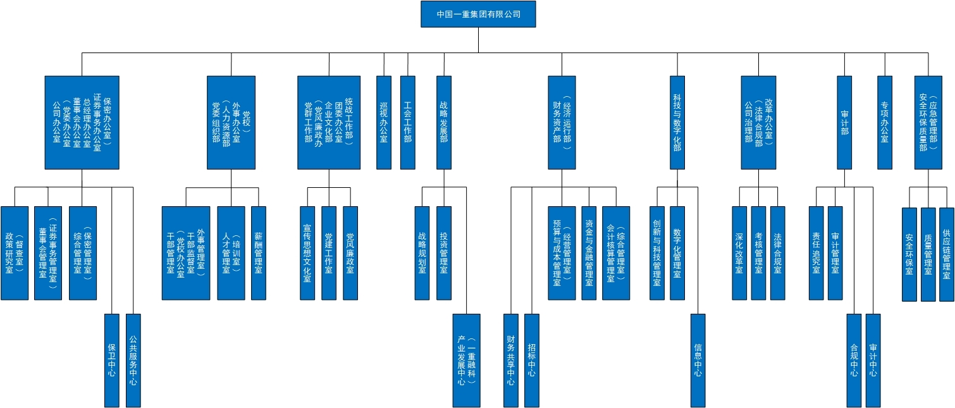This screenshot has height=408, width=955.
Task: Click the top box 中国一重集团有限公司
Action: tap(478, 14)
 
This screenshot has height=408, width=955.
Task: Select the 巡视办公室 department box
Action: tap(383, 122)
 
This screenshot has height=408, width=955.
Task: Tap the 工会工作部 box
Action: tap(407, 122)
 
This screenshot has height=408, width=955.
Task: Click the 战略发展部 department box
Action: tap(444, 122)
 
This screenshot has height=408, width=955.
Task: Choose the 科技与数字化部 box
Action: tap(677, 122)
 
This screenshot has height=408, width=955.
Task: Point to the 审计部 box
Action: tap(844, 122)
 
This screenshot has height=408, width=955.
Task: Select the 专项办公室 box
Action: tap(884, 122)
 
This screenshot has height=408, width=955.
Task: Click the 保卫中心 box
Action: tap(112, 360)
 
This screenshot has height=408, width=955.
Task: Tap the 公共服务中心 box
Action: tap(133, 360)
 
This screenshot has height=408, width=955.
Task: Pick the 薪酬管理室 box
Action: tap(259, 252)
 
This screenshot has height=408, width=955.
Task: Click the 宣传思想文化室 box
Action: tap(307, 252)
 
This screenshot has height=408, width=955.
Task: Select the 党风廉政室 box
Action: tap(350, 252)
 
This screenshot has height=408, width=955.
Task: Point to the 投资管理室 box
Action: tap(444, 252)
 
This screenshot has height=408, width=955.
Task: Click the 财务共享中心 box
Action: tap(510, 360)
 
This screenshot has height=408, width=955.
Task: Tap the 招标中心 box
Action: tap(532, 360)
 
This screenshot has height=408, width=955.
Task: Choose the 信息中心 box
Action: tap(698, 360)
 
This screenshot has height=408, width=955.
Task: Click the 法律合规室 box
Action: tap(777, 252)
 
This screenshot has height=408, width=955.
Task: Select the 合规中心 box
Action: tap(854, 360)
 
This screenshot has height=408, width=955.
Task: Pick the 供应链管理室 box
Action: tap(946, 254)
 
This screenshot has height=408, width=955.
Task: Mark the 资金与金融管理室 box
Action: tap(589, 252)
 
